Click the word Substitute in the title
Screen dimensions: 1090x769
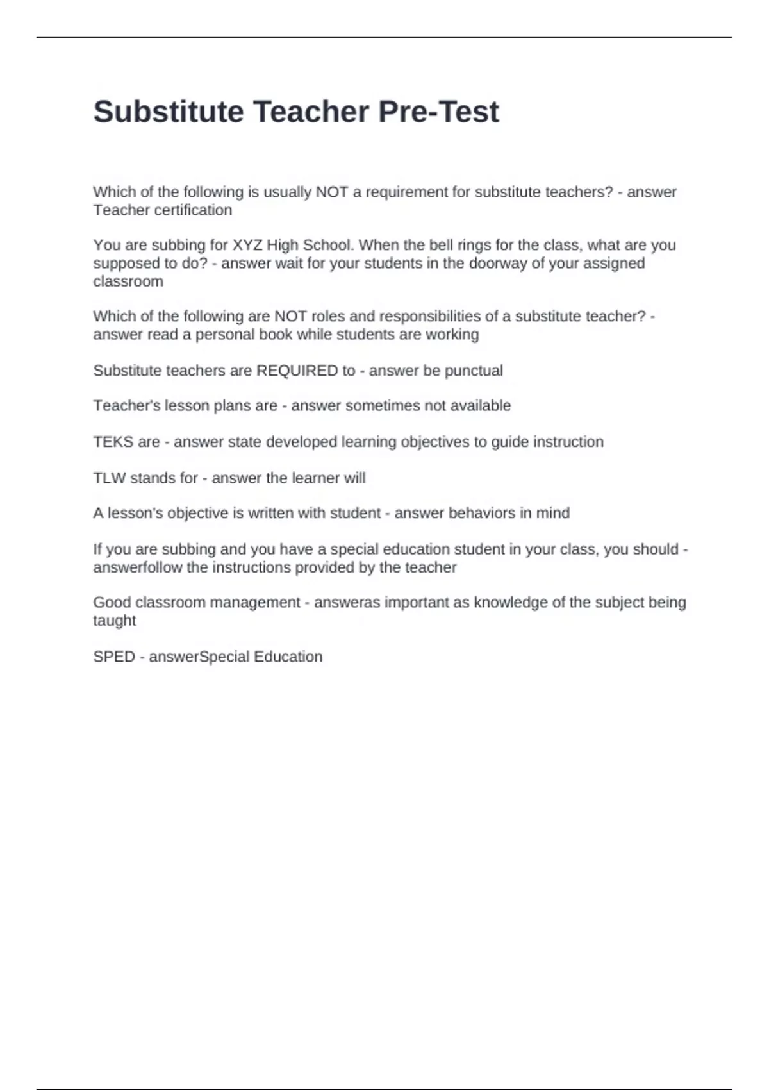169,112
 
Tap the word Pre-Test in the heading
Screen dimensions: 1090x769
438,112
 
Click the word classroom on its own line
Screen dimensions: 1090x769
128,281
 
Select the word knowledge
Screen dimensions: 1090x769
506,603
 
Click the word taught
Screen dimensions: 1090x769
115,621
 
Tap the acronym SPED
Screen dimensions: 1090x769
114,657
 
